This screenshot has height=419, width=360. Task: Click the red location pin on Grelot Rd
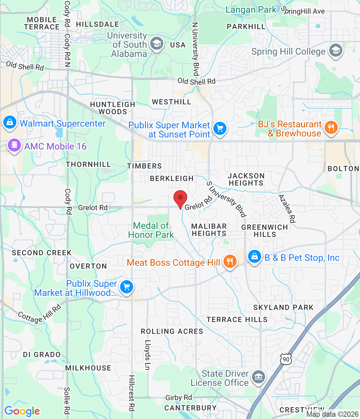180,198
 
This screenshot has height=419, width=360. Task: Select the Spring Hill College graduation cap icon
335,51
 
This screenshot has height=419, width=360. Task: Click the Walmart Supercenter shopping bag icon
9,122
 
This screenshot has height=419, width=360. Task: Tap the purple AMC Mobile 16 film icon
14,145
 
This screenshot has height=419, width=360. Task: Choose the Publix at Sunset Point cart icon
220,128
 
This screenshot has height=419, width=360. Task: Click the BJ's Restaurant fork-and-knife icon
331,128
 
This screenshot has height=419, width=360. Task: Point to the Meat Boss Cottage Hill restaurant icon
230,262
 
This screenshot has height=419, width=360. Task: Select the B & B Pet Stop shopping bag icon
254,256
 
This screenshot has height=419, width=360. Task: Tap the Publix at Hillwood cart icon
127,287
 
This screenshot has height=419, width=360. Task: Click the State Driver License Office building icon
259,377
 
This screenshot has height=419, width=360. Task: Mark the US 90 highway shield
286,359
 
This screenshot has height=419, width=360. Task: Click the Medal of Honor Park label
151,230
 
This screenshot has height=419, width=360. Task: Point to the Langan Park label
251,10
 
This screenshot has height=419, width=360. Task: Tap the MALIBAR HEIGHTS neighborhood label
209,230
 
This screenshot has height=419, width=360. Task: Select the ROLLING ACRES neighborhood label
172,331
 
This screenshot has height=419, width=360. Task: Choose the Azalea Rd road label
287,209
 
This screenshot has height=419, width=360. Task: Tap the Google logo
22,411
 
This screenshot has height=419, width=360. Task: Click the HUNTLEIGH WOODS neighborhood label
113,108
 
